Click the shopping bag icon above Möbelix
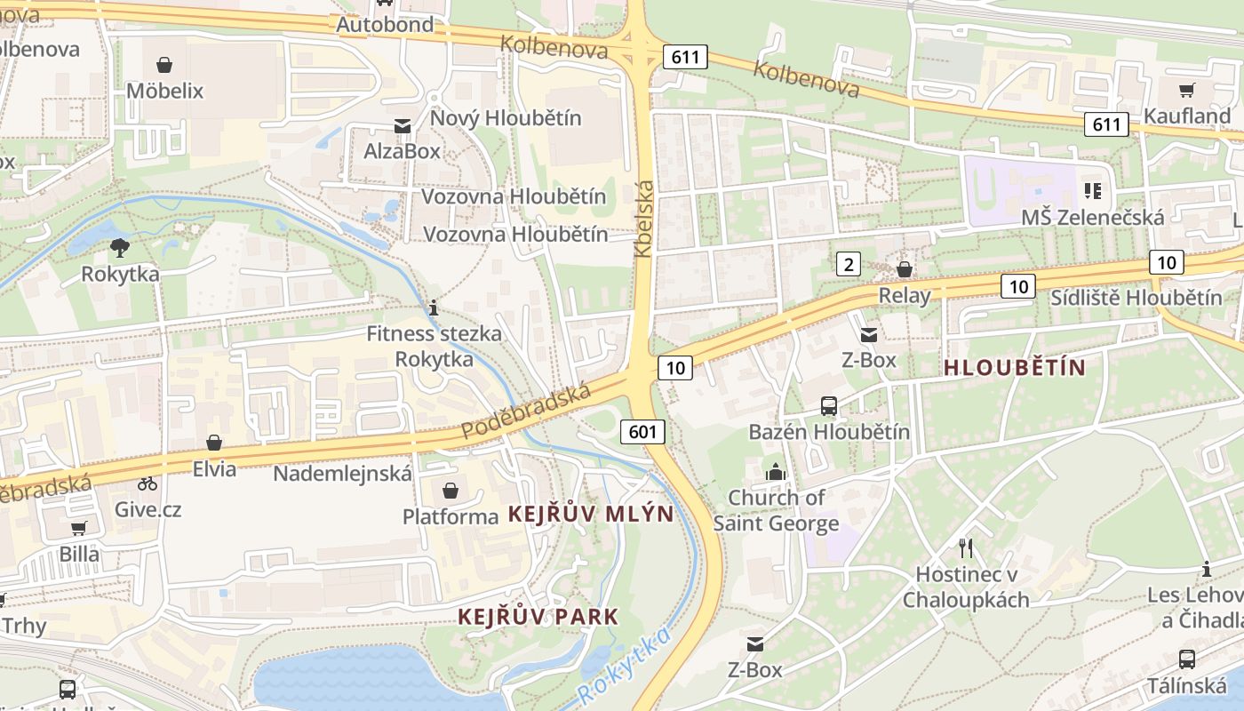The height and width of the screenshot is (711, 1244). click(164, 65)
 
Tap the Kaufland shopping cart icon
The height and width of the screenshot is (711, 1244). click(1186, 90)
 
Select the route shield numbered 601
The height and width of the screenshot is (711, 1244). click(642, 432)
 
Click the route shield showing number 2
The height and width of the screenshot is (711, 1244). click(849, 264)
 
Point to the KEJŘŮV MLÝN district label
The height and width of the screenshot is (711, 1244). click(591, 514)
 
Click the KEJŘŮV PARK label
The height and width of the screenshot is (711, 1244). click(538, 617)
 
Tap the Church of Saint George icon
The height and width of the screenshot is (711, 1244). click(776, 472)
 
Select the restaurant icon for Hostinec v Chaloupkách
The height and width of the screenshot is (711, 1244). click(966, 547)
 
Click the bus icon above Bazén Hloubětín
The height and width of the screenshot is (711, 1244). click(828, 406)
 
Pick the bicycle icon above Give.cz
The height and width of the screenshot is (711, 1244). click(148, 484)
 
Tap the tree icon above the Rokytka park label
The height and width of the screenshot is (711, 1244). click(120, 248)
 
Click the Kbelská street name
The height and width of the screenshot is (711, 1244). click(645, 219)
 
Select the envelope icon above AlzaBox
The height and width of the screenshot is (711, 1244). click(403, 126)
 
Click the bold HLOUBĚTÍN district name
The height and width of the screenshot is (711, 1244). click(1015, 367)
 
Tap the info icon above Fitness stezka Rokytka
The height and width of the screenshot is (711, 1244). click(433, 308)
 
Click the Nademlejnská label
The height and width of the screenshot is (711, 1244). click(342, 474)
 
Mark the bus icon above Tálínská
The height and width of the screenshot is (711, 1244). click(1186, 659)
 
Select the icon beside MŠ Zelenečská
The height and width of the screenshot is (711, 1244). click(1093, 190)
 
